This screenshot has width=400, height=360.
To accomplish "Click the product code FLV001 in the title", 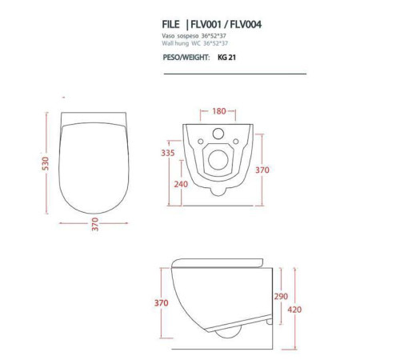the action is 206,25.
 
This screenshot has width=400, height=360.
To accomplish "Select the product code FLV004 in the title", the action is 246,25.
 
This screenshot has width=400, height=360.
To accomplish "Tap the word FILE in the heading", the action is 170,25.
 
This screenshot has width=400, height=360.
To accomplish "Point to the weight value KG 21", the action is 226,58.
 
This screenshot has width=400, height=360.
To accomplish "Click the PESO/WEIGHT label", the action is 186,58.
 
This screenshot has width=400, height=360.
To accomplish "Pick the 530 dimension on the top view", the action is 46,163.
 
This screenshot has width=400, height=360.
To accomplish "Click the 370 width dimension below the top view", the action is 95,224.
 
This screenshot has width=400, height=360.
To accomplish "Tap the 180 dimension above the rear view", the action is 219,111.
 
